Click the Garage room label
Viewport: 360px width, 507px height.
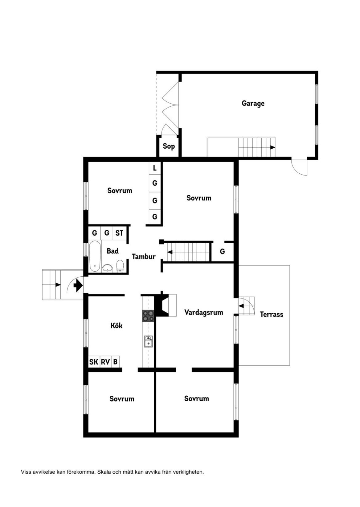(x=253, y=103)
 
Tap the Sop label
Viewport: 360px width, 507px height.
(x=169, y=146)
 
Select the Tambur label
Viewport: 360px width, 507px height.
(x=144, y=257)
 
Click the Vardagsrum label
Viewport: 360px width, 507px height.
(x=204, y=312)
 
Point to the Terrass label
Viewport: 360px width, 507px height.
(x=272, y=314)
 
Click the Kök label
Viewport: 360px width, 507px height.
(x=116, y=325)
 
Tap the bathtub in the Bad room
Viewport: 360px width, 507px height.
(x=95, y=256)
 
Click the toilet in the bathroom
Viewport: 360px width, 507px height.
(x=120, y=266)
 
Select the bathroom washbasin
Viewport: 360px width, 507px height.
(x=108, y=268)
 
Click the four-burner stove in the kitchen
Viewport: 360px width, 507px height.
(x=148, y=316)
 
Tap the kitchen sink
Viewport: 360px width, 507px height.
(x=149, y=341)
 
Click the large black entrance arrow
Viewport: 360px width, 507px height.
(x=77, y=286)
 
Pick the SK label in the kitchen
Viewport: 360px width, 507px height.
(x=94, y=362)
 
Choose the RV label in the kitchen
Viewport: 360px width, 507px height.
(x=105, y=362)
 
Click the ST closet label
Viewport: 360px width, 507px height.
(x=119, y=233)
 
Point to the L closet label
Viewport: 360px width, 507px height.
(x=155, y=168)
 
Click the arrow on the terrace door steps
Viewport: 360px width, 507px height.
(x=241, y=306)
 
